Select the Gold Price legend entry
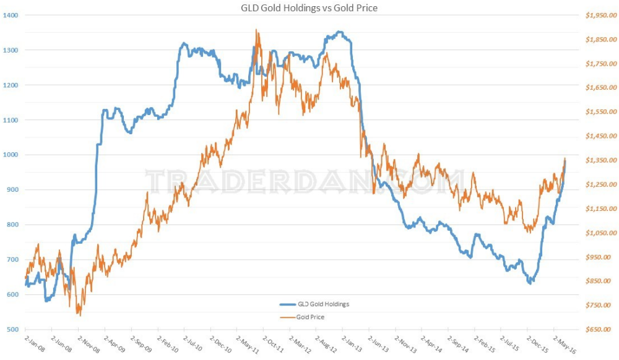pyautogui.click(x=310, y=317)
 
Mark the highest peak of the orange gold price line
pyautogui.click(x=256, y=30)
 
